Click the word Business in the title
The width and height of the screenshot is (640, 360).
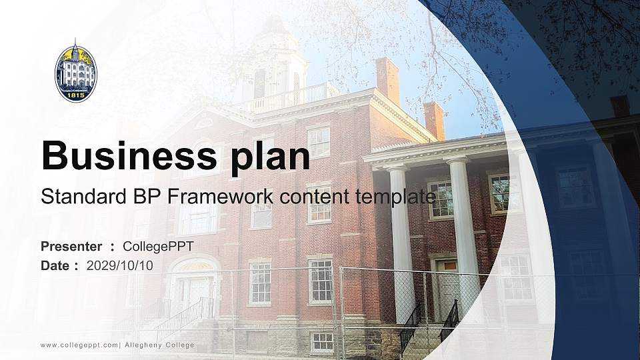tap(129, 155)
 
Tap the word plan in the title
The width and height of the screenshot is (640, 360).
tap(270, 157)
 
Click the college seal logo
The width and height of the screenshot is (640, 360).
tap(76, 71)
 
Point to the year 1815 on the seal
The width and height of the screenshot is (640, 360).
tap(75, 95)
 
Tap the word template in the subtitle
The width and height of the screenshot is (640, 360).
tap(396, 197)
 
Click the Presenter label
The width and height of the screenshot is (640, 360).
tap(71, 247)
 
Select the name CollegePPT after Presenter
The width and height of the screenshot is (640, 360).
tap(159, 247)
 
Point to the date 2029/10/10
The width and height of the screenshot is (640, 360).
tap(120, 266)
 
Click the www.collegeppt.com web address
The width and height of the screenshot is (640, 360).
tap(79, 345)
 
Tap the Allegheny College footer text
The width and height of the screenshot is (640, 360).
tap(159, 345)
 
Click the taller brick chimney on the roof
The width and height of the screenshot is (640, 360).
tap(388, 81)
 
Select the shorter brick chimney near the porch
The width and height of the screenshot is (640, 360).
tap(434, 121)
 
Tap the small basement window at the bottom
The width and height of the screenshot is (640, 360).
tap(322, 342)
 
